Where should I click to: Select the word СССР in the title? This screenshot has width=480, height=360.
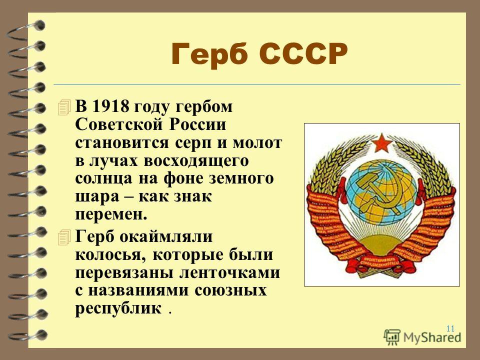click(303, 54)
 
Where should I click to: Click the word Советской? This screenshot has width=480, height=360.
click(118, 124)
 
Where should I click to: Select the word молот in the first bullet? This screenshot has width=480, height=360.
click(257, 142)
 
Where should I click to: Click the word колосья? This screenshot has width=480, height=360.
click(110, 255)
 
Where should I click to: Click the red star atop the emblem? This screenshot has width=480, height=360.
click(382, 143)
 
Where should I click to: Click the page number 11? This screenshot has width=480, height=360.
click(450, 328)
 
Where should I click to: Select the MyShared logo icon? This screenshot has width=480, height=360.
click(392, 337)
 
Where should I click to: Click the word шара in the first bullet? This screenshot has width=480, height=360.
click(97, 197)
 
